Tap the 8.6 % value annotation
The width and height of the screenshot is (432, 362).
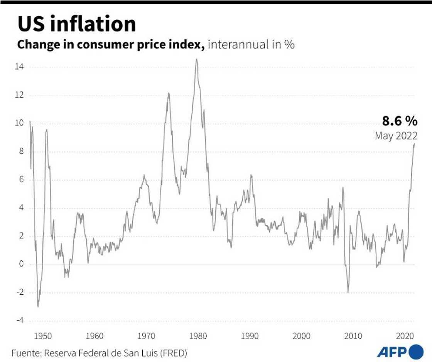[x=400, y=121]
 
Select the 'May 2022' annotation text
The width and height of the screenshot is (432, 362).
[x=396, y=136]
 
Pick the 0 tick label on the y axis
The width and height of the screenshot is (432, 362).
[x=22, y=265]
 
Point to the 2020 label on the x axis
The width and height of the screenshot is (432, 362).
[x=405, y=336]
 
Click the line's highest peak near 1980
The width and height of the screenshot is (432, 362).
[x=196, y=59]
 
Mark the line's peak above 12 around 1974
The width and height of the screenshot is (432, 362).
[x=169, y=93]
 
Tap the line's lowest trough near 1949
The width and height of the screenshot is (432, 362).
[x=38, y=306]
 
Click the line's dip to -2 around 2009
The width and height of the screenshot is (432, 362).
[x=348, y=292]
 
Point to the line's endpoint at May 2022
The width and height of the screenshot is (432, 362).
[x=414, y=144]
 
